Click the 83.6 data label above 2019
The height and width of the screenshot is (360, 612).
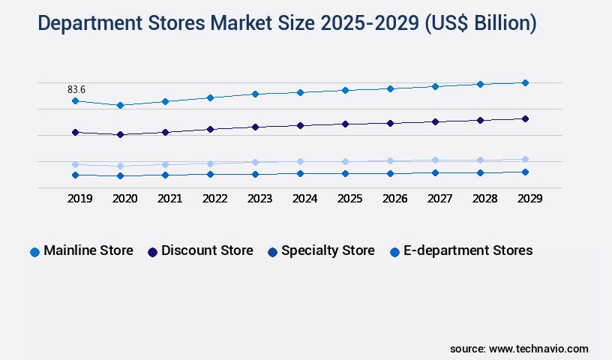(x=76, y=89)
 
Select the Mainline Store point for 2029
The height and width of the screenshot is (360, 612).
(x=525, y=82)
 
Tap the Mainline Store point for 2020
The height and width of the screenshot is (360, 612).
(x=120, y=105)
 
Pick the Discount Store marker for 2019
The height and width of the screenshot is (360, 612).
(x=75, y=132)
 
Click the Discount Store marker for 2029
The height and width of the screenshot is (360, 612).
(x=525, y=118)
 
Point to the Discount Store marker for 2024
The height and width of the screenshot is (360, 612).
(x=300, y=125)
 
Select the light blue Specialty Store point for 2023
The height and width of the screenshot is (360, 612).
(x=255, y=162)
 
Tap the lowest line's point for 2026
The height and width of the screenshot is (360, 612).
(x=390, y=173)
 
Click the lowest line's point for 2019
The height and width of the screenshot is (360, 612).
(x=75, y=175)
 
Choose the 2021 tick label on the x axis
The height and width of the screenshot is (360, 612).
(x=169, y=199)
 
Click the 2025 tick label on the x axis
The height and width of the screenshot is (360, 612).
(x=349, y=199)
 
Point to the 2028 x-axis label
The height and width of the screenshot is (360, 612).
(x=484, y=199)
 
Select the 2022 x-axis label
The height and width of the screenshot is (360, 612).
(x=214, y=199)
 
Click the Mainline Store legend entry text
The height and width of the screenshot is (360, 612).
(x=88, y=250)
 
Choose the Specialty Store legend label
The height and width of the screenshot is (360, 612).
(x=328, y=250)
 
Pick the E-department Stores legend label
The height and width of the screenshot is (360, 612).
(x=468, y=250)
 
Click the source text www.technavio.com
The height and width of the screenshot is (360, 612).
(x=538, y=349)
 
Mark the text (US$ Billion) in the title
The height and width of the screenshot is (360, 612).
(x=480, y=24)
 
